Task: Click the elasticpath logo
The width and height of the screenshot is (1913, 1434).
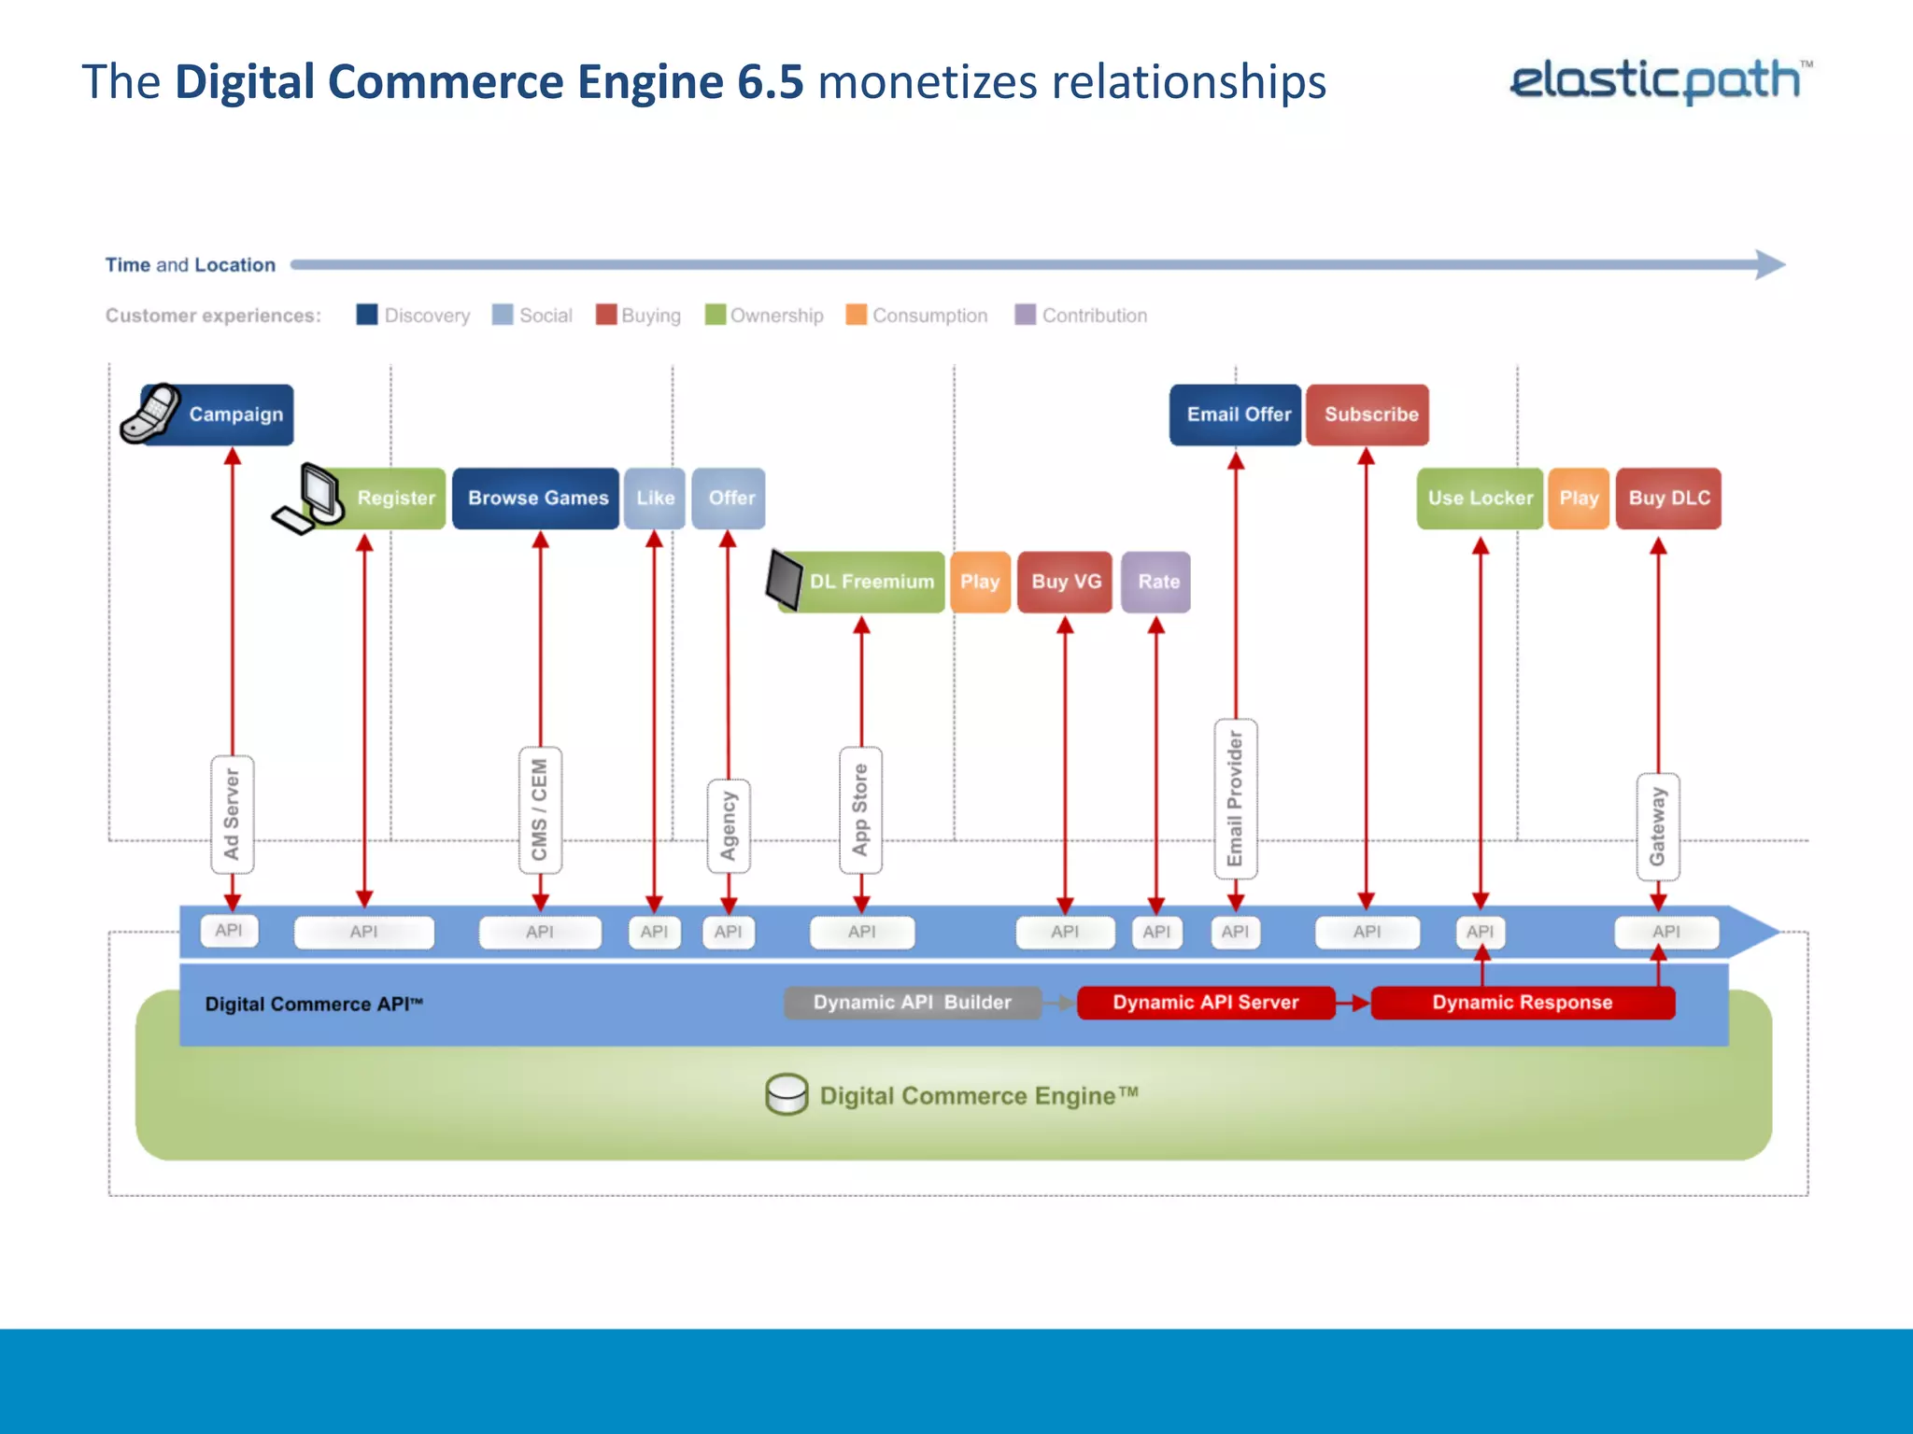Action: pos(1659,80)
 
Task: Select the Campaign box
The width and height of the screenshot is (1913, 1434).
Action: pos(234,415)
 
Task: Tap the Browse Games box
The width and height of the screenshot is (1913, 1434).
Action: pos(536,498)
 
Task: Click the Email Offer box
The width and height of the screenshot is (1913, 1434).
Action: pos(1236,415)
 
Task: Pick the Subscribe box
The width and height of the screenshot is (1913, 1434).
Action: pos(1368,415)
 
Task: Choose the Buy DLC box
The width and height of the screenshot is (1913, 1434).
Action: pos(1668,498)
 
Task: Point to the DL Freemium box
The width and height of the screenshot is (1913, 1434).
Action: pos(869,582)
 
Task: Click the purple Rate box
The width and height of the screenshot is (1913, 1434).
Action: pos(1156,582)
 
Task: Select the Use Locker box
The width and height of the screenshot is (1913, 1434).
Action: pos(1480,498)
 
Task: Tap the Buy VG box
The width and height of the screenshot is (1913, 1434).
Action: pos(1065,582)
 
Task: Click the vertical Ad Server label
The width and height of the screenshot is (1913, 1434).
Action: pos(232,814)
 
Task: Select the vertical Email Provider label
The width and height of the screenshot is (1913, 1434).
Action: pos(1235,799)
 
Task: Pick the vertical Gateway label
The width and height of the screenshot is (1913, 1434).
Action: pos(1658,826)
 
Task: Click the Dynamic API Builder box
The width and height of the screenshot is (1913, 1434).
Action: pos(912,1002)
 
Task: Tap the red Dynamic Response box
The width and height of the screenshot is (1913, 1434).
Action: pos(1522,1002)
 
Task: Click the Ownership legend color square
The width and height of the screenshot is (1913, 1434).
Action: pos(716,315)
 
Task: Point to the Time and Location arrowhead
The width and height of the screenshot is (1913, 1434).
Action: pos(1769,264)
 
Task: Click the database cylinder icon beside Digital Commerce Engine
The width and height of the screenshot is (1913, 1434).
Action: pos(786,1093)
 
